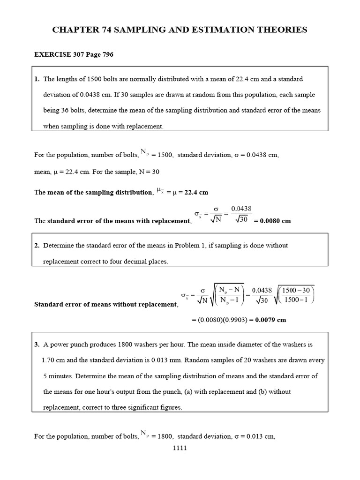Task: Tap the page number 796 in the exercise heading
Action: (x=106, y=54)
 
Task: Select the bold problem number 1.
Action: (x=37, y=79)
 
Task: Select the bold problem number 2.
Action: (x=37, y=245)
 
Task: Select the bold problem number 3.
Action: (x=37, y=344)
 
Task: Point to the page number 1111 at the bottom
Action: (x=180, y=448)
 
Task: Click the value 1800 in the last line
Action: (x=165, y=436)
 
